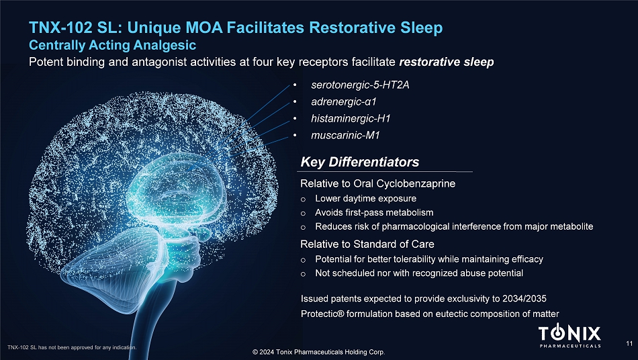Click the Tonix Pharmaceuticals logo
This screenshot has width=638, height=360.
tap(569, 336)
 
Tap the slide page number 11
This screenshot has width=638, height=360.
tap(629, 344)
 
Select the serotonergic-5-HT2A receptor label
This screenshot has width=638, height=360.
tap(360, 85)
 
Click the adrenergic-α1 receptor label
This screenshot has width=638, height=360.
tap(344, 101)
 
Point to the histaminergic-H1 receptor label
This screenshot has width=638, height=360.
tap(351, 118)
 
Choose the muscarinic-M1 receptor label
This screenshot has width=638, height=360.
tap(345, 135)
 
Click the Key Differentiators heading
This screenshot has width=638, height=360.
tap(360, 162)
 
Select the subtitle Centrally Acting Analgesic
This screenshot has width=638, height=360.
tap(112, 45)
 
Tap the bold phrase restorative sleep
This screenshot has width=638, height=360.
tap(447, 62)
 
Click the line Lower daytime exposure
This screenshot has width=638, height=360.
tap(366, 199)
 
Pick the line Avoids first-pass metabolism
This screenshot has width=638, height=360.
tap(374, 212)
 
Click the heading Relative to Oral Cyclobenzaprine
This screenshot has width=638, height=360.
tap(377, 183)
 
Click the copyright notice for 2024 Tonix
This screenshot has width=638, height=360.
tap(318, 352)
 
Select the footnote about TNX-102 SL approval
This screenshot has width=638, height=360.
tap(72, 347)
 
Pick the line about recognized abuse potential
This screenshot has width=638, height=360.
tap(419, 273)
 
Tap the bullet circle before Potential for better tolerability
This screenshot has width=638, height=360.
tap(303, 260)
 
